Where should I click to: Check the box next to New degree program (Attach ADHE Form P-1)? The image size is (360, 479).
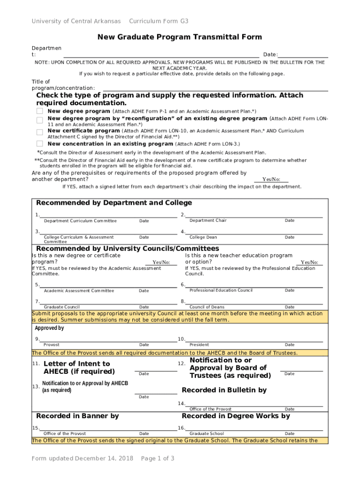click(x=40, y=111)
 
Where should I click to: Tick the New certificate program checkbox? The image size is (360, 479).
click(x=40, y=131)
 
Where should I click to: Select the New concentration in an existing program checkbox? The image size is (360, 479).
click(x=40, y=144)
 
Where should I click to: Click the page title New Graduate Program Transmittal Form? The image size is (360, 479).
click(x=180, y=37)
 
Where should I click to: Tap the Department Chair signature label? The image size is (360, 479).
click(x=208, y=220)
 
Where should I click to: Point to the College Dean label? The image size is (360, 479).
click(x=203, y=237)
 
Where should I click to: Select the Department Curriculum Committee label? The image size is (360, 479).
click(x=80, y=221)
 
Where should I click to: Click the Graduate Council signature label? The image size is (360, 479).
click(x=58, y=307)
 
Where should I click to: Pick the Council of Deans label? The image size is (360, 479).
click(x=207, y=307)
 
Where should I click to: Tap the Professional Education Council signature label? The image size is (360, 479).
click(x=221, y=290)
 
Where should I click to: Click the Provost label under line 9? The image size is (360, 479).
click(x=51, y=345)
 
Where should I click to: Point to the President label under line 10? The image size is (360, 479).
click(x=199, y=345)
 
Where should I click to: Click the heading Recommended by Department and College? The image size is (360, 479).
click(x=114, y=203)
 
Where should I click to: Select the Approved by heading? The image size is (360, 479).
click(x=50, y=328)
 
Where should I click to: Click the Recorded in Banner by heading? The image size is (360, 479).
click(x=78, y=416)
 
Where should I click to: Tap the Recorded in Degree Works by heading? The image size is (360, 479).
click(x=236, y=416)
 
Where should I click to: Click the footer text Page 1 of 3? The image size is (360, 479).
click(x=158, y=458)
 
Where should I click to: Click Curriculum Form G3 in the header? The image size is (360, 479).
click(x=158, y=22)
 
